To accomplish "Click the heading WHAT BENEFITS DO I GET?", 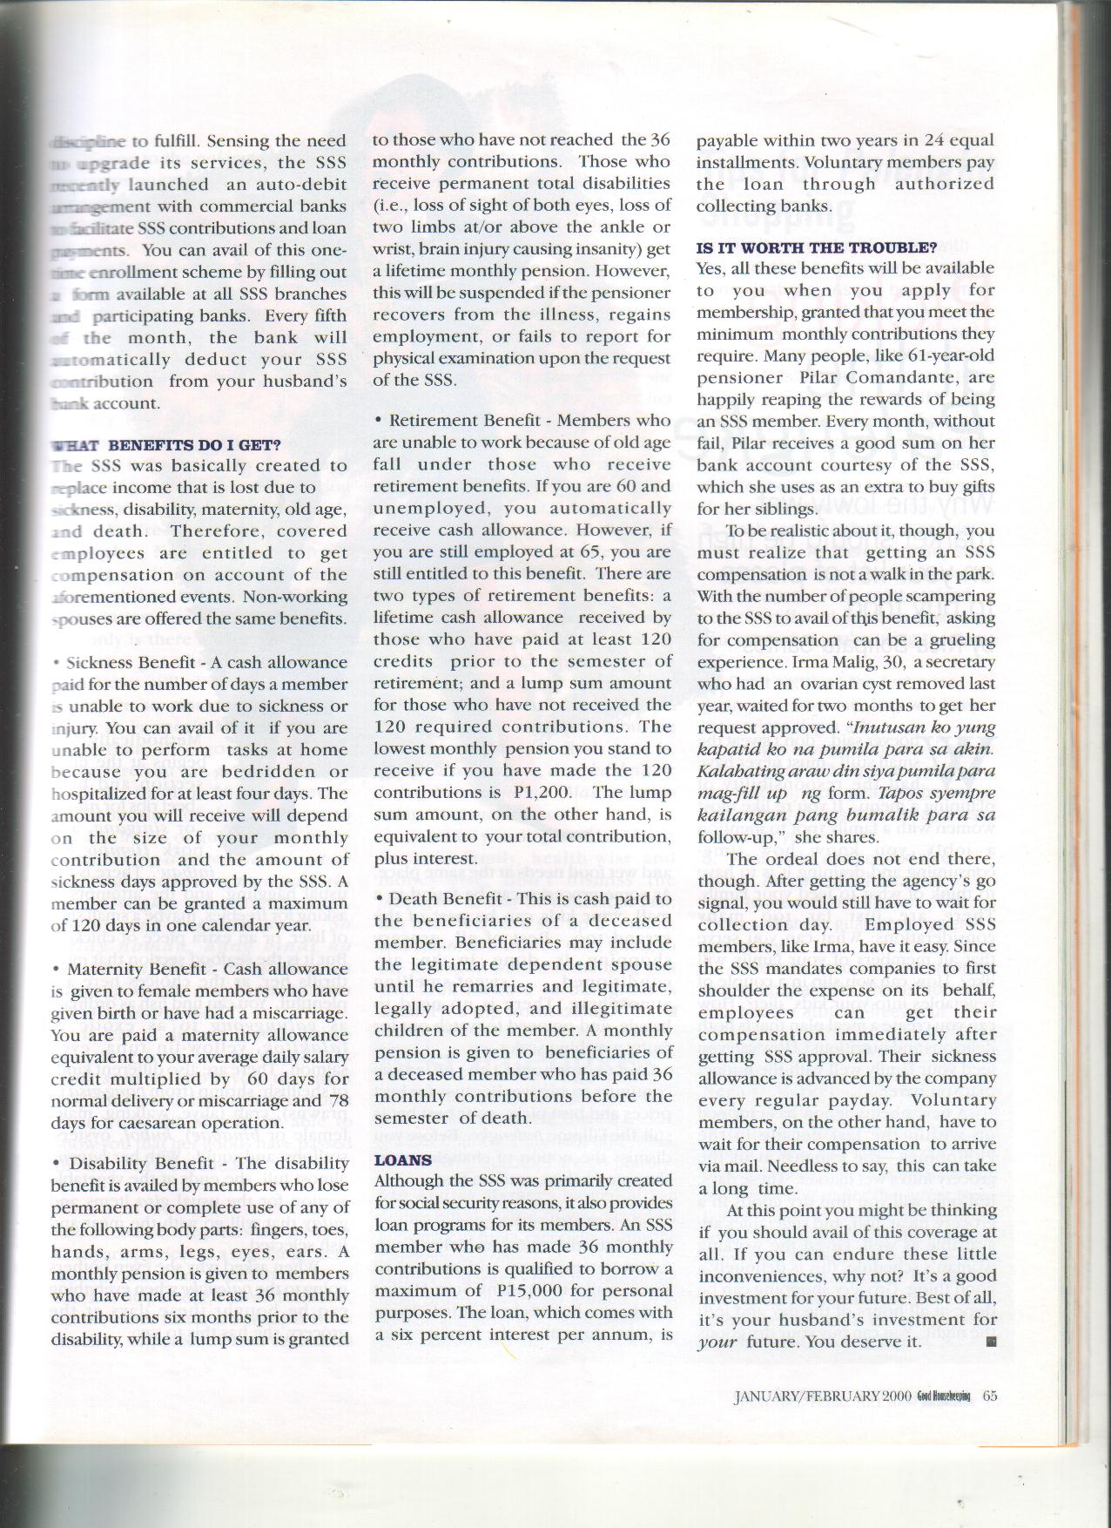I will (165, 444).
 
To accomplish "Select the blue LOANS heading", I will (402, 1160).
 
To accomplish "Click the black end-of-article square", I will (991, 1342).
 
